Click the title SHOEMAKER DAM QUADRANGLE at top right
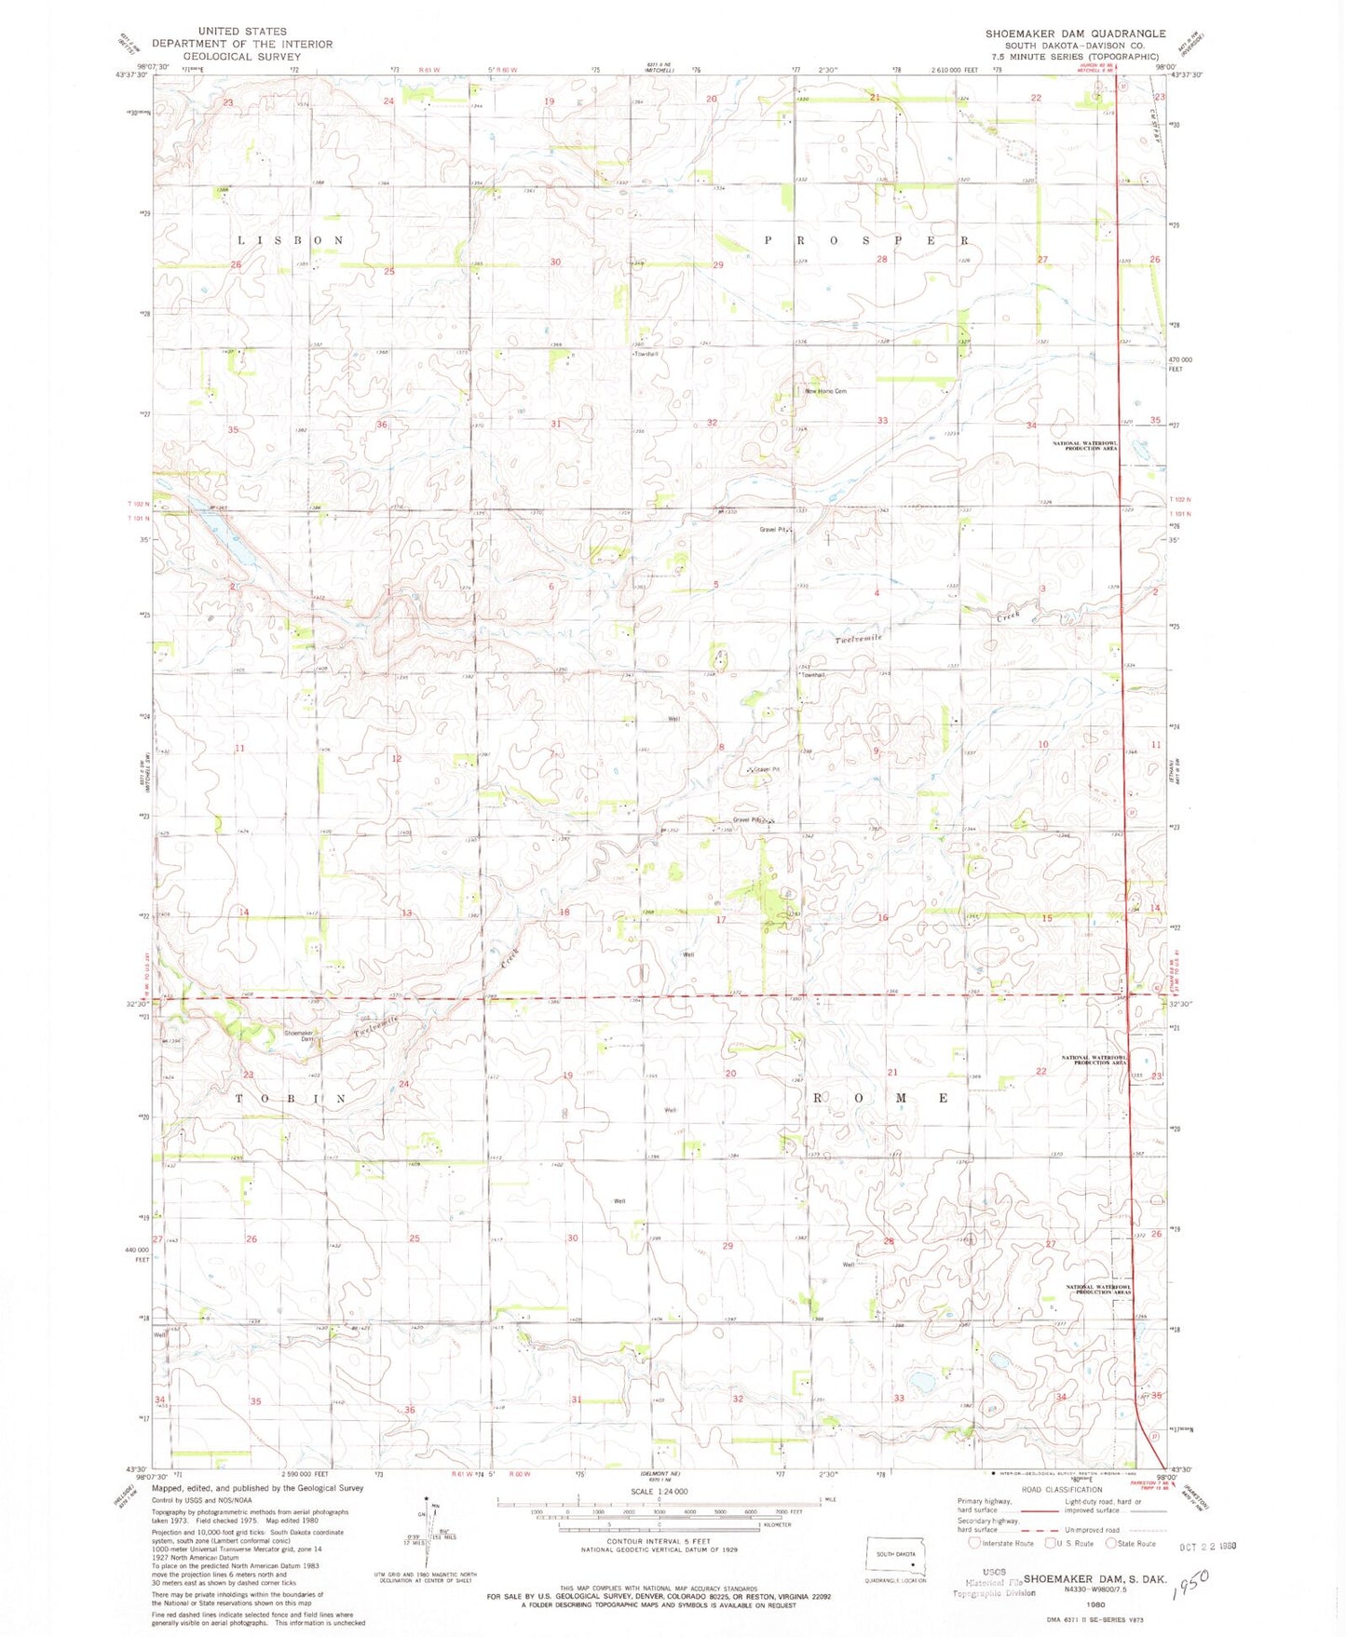click(1075, 33)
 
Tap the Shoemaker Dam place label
click(299, 1035)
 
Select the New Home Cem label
click(825, 391)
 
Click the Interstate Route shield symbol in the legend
click(975, 1543)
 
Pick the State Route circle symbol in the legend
click(1110, 1543)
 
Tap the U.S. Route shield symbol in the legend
click(1050, 1543)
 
